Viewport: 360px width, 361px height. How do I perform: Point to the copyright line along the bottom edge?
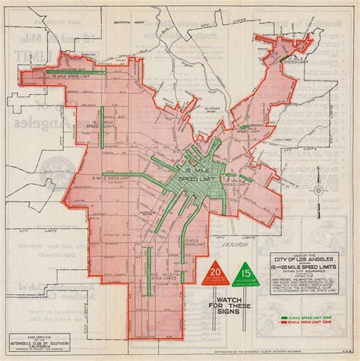click(x=251, y=354)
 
